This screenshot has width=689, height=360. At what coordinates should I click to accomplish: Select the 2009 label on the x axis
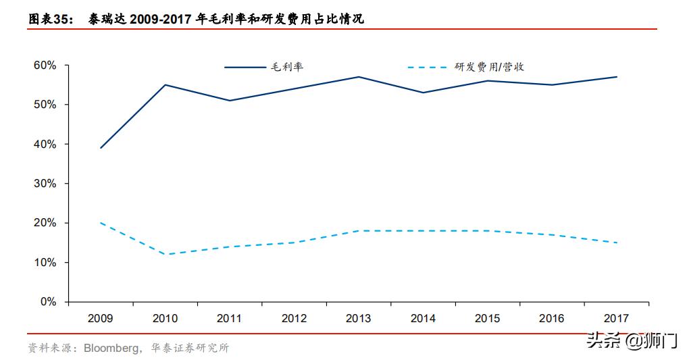click(x=101, y=318)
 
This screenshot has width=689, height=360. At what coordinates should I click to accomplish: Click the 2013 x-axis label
click(x=358, y=318)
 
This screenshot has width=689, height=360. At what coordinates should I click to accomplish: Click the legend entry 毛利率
click(x=287, y=67)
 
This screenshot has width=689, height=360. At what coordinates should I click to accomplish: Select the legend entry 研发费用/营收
click(x=489, y=67)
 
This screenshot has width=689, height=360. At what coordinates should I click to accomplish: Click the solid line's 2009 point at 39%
click(x=101, y=148)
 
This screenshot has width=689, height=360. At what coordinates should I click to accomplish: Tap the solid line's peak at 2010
click(x=165, y=85)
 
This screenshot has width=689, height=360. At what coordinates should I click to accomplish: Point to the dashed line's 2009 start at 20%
click(x=101, y=223)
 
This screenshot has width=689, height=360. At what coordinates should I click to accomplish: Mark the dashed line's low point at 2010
click(x=165, y=255)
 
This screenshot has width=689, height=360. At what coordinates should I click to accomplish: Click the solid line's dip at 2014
click(x=423, y=93)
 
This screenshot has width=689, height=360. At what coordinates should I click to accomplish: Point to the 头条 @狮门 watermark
click(x=632, y=341)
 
